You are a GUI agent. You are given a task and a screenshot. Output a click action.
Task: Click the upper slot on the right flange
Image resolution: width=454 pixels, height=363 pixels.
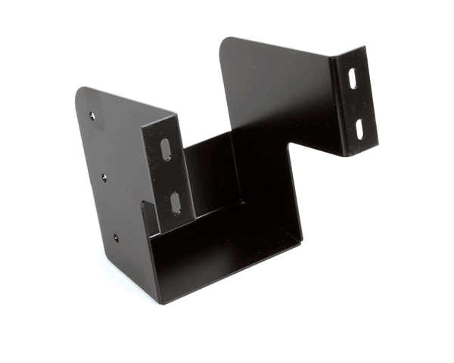coord(353,79)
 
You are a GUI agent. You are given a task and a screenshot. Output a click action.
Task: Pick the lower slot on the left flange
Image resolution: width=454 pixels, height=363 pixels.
coord(176,202)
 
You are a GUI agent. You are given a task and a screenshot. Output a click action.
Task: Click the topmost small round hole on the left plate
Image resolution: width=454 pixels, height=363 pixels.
coord(92,116)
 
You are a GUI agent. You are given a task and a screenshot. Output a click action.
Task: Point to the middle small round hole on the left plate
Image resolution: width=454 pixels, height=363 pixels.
coord(104,178)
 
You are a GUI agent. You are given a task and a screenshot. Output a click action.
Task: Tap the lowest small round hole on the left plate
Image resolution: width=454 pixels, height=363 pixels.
coord(116,237)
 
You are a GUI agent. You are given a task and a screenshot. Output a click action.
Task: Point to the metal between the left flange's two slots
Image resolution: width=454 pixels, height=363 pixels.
coord(170,175)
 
